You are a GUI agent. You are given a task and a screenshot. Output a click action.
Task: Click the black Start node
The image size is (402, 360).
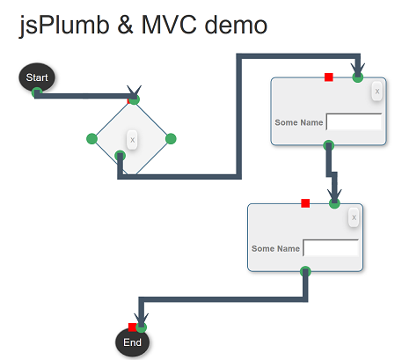(37, 77)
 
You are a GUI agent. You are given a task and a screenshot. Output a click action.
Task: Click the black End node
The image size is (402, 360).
(132, 342)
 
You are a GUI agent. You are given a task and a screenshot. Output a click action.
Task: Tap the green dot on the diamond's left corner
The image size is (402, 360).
(91, 139)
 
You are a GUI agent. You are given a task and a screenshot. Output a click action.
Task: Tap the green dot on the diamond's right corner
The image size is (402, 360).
(171, 139)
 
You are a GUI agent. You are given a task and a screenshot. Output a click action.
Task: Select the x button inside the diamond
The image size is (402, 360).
(132, 140)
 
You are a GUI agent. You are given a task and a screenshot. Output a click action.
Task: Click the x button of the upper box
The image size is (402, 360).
(377, 92)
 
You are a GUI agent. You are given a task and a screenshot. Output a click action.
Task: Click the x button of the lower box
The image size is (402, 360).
(354, 217)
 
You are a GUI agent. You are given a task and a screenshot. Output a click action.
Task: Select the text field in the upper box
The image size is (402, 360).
(354, 121)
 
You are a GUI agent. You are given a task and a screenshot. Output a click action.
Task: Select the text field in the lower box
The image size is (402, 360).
(331, 247)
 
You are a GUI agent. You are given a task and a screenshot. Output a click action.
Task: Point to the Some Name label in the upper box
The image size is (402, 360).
(299, 122)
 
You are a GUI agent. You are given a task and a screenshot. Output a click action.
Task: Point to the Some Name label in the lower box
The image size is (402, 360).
(275, 248)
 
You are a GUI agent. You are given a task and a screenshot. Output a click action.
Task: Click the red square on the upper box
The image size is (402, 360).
(329, 77)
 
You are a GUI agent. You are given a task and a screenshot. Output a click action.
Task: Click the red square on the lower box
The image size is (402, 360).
(305, 203)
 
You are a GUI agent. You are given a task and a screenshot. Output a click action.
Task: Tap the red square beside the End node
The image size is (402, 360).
(132, 327)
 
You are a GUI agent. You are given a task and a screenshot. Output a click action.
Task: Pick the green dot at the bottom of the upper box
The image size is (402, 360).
(329, 145)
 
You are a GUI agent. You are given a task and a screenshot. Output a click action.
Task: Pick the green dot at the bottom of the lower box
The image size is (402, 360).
(305, 271)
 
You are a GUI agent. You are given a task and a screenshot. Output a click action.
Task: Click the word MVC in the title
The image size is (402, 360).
(169, 25)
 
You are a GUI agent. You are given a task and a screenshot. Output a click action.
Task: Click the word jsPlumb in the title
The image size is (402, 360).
(64, 26)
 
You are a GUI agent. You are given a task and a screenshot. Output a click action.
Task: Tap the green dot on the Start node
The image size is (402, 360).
(37, 92)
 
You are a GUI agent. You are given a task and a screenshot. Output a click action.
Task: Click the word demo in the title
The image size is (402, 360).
(236, 25)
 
